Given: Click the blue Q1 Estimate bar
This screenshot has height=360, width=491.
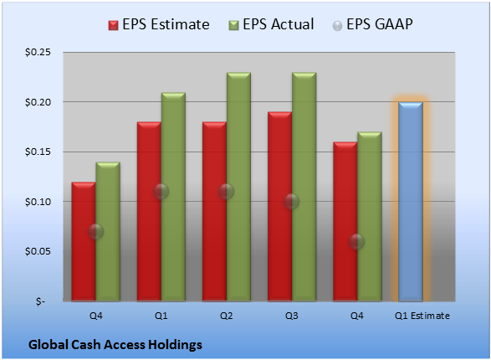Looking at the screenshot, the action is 411,202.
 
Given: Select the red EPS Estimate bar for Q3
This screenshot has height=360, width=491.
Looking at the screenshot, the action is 279,207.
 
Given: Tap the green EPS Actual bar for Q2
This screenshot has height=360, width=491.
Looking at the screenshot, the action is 238,187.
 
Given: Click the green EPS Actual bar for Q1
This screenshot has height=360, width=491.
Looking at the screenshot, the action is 173,197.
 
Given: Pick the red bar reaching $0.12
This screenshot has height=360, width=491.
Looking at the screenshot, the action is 84,242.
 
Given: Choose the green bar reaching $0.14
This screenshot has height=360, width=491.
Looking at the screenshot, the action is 108,232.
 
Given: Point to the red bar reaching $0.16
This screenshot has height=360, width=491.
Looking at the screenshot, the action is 345,222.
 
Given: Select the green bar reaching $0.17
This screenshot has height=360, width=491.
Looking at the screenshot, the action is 370,217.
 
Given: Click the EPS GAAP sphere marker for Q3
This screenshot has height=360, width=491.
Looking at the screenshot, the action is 292,202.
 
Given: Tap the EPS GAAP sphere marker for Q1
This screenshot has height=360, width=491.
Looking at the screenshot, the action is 161,192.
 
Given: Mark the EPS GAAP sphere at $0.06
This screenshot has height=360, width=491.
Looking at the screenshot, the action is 356,242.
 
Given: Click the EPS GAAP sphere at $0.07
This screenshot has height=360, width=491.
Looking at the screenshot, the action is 95,232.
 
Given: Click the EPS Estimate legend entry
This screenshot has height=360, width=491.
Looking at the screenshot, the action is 159,24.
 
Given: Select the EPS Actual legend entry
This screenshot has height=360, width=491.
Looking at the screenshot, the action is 271,24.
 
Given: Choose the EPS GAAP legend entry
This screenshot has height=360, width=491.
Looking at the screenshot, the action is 372,24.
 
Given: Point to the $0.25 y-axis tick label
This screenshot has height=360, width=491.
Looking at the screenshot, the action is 38,52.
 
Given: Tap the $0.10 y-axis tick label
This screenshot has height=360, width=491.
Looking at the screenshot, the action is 38,202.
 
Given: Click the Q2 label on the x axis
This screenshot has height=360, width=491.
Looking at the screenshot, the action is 227,316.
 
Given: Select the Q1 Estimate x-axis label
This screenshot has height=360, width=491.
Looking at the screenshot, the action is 422,316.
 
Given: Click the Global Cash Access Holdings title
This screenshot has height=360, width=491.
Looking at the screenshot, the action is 115,345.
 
